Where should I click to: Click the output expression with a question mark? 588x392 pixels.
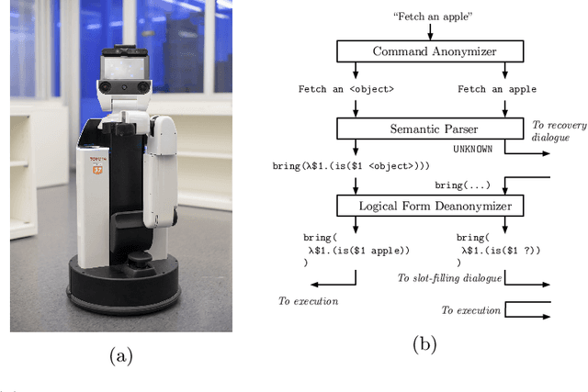[500, 249]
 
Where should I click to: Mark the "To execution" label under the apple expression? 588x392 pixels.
[308, 300]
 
